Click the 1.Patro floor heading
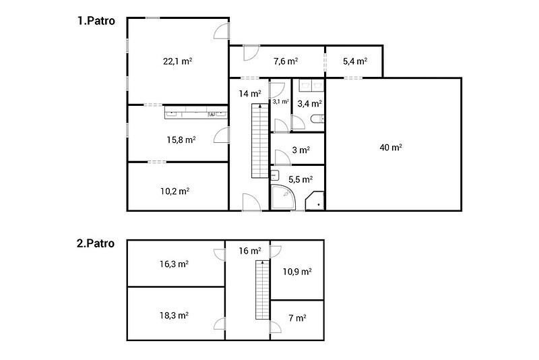click(96, 21)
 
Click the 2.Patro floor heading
click(96, 243)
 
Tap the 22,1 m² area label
click(177, 61)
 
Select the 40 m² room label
click(391, 148)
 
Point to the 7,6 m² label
click(286, 61)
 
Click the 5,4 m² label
click(355, 61)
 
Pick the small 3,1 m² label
click(280, 102)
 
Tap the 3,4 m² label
click(309, 104)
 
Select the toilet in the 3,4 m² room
click(317, 119)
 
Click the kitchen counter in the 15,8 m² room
click(196, 113)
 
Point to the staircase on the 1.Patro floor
click(260, 141)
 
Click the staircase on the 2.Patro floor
click(262, 290)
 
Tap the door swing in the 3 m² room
click(283, 158)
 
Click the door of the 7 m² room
click(276, 327)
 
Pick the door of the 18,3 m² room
click(220, 324)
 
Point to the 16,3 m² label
click(174, 264)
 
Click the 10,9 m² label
click(297, 272)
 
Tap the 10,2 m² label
click(175, 191)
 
